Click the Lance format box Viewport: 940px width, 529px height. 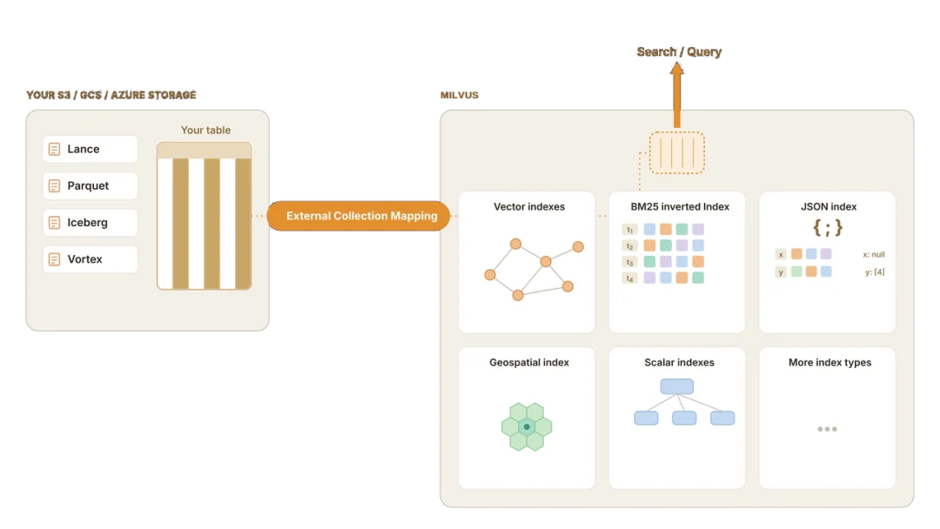point(90,149)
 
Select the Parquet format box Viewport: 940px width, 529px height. point(90,185)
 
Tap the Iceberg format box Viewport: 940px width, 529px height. point(90,223)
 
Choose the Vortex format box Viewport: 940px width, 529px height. point(90,259)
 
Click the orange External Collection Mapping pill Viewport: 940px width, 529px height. point(359,216)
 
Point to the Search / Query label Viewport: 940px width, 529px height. point(679,52)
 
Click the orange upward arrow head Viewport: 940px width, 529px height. point(677,68)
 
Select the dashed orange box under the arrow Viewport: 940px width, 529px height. point(677,153)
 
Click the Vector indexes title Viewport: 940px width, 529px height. point(529,207)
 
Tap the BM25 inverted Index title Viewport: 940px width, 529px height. point(680,207)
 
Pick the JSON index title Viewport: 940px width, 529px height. point(829,207)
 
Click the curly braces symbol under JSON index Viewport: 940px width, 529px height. point(828,228)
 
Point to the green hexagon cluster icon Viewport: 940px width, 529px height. point(527,426)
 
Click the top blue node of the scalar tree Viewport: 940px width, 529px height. point(677,386)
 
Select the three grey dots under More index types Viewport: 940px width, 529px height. point(828,429)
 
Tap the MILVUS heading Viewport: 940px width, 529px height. point(460,95)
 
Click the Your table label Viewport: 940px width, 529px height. point(205,130)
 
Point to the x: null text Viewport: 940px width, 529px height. point(874,255)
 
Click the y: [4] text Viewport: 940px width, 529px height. point(875,272)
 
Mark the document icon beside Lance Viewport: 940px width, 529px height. point(54,149)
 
